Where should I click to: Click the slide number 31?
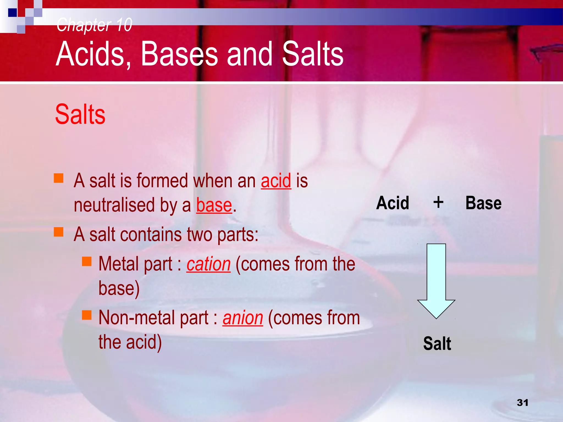(522, 402)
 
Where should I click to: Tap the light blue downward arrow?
(436, 280)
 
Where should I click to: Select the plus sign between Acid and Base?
(438, 202)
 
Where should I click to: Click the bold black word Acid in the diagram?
(393, 203)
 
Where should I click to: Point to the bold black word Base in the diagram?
(483, 203)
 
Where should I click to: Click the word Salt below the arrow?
(437, 343)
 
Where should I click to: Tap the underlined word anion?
(243, 318)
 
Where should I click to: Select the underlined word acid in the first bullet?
(276, 181)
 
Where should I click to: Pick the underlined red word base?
(214, 205)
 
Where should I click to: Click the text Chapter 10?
(94, 25)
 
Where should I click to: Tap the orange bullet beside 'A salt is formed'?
(59, 178)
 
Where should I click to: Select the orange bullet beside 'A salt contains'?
(59, 232)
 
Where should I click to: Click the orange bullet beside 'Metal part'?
(87, 261)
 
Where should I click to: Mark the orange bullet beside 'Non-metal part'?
(87, 315)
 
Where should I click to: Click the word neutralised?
(114, 205)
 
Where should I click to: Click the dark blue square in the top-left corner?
(12, 13)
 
